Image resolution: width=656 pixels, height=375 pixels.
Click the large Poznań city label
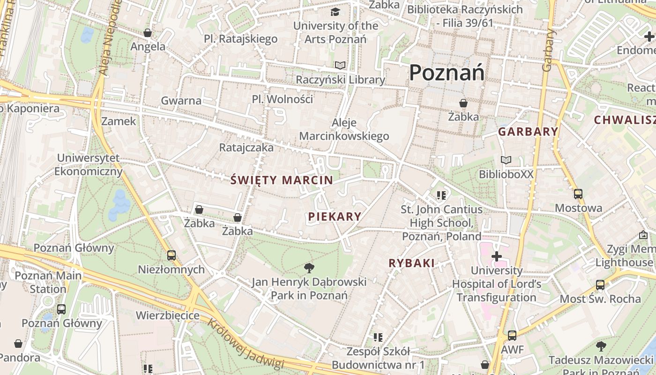447,73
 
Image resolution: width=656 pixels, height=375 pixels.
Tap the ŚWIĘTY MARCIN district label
282,180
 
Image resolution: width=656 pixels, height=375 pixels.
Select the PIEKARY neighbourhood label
335,217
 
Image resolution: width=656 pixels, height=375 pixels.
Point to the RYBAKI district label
411,263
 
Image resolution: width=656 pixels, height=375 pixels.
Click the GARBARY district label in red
528,132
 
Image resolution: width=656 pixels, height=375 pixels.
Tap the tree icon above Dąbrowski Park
309,268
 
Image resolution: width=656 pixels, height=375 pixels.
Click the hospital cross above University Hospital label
496,256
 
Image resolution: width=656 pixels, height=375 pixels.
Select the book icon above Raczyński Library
340,66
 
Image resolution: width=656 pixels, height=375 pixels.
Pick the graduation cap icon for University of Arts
335,12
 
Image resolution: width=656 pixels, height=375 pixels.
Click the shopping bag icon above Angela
148,33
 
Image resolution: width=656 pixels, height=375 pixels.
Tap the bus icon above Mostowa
578,194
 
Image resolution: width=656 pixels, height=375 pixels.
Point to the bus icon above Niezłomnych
171,255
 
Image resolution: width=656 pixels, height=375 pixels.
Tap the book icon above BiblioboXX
506,160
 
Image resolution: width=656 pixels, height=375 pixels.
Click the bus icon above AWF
512,336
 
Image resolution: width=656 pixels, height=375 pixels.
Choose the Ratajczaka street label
246,148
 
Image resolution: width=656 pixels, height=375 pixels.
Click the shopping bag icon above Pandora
18,344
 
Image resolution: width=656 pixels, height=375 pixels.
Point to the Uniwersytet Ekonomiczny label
88,165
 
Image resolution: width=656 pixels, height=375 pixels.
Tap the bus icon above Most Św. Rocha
600,285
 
